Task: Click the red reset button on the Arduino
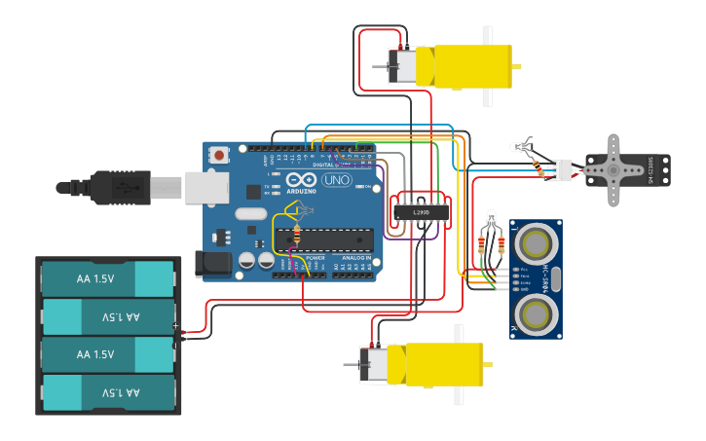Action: click(x=219, y=154)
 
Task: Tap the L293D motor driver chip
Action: click(x=421, y=211)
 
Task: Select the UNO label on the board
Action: click(x=336, y=180)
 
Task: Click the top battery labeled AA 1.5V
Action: click(x=107, y=278)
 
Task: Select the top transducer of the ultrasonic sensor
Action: click(x=534, y=240)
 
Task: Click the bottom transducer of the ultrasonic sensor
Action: click(x=534, y=314)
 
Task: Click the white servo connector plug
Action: click(x=560, y=169)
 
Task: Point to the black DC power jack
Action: click(x=211, y=262)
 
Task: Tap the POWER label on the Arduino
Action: click(x=315, y=258)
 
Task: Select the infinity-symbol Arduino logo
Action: click(x=301, y=180)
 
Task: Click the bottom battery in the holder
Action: click(x=107, y=393)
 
